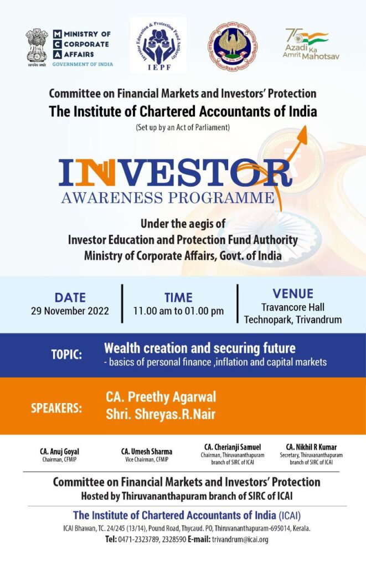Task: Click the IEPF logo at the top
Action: pyautogui.click(x=158, y=45)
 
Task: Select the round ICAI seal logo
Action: pyautogui.click(x=232, y=47)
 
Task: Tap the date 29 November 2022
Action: pyautogui.click(x=70, y=311)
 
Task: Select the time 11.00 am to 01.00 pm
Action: pyautogui.click(x=178, y=311)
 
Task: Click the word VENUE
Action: pyautogui.click(x=293, y=293)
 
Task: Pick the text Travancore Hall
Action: pyautogui.click(x=293, y=307)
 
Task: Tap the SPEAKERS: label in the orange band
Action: pyautogui.click(x=56, y=409)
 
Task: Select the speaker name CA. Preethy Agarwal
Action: pyautogui.click(x=161, y=397)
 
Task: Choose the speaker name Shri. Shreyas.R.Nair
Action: pyautogui.click(x=161, y=414)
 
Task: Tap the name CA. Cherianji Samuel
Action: pyautogui.click(x=232, y=447)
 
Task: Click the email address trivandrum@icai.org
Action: pyautogui.click(x=240, y=539)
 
